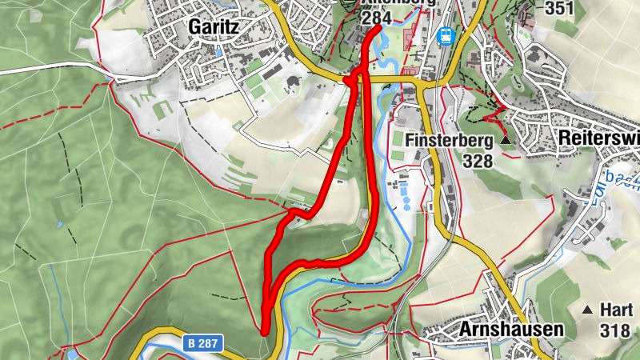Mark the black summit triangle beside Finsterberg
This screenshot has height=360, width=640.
point(506,141)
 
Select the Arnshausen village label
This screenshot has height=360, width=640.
point(512,329)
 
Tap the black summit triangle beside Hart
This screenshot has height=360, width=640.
point(588,310)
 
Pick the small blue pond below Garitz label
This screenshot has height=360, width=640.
point(219,52)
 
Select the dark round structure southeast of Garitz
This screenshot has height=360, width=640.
point(291,82)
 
